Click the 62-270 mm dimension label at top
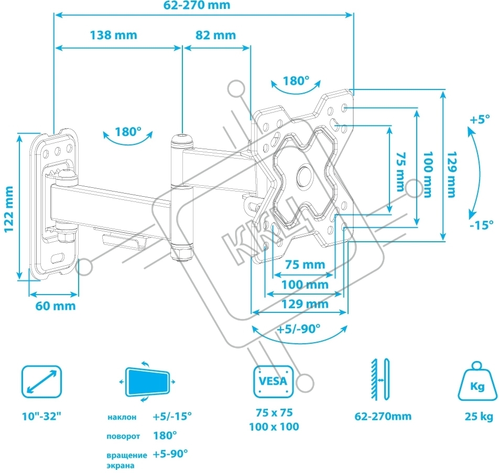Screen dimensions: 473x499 [204, 6]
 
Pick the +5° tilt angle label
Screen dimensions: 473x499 [479, 119]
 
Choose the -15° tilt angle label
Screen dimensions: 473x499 [481, 225]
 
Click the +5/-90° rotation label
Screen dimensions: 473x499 [299, 330]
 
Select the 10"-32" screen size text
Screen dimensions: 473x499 [41, 417]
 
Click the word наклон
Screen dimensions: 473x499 [123, 418]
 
